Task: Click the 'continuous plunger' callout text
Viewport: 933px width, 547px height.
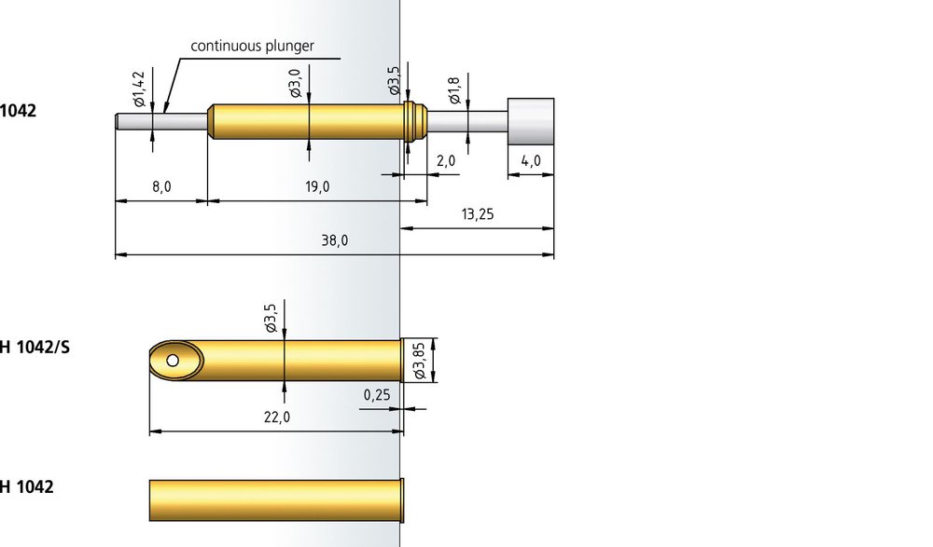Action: [252, 46]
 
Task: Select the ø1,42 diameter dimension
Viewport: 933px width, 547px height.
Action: [140, 89]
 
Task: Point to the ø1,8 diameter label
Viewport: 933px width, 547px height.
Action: [454, 89]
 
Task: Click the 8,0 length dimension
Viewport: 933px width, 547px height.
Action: [161, 186]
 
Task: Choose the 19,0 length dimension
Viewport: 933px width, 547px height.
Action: [317, 186]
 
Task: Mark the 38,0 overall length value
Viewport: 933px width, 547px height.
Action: [334, 240]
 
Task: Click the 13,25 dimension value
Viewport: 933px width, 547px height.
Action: [477, 214]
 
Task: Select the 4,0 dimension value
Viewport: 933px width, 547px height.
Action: [531, 160]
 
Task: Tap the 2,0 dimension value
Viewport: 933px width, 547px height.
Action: [446, 160]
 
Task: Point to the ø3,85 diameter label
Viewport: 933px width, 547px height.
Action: [420, 361]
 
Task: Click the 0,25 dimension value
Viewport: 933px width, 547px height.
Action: [377, 395]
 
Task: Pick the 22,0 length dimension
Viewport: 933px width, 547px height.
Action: [277, 417]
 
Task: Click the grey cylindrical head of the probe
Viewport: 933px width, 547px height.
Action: [531, 121]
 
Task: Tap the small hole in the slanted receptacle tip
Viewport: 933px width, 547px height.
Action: [173, 361]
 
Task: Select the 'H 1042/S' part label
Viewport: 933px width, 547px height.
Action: [35, 348]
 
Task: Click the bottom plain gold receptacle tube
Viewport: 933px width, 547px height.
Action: [277, 500]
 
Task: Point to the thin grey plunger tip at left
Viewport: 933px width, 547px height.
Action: [161, 121]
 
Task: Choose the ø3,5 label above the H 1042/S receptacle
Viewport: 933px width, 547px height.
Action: [271, 318]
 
